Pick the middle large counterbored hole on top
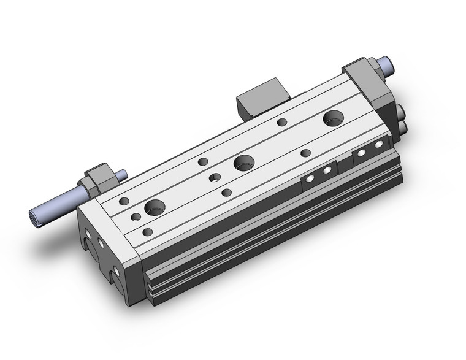point(243,163)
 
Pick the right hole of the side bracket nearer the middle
point(327,170)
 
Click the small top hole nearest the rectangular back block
point(281,122)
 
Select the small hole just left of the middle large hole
point(215,178)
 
